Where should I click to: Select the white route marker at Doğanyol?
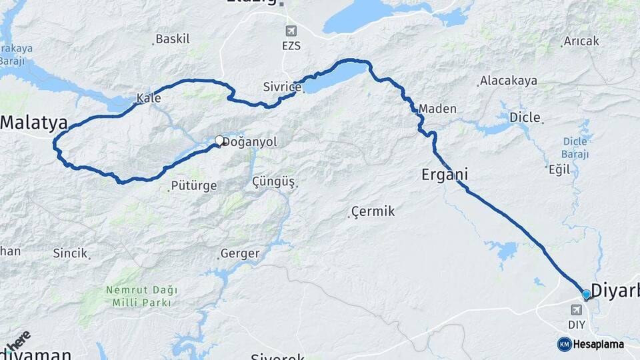pos(219,141)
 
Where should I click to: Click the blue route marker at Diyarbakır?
pos(586,295)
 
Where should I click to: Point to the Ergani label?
pos(445,175)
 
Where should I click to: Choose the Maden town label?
pos(437,109)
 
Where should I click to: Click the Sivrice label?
pos(283,86)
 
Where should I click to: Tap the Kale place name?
pos(148,99)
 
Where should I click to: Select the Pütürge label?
pos(193,186)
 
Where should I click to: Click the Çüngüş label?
pos(273,182)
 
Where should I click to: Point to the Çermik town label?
pos(373,212)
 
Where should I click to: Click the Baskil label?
pos(173,39)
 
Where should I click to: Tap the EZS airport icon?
pos(291,31)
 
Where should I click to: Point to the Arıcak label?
pos(581,41)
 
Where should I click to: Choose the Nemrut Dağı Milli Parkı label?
pos(141,296)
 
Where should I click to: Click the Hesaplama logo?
pos(591,344)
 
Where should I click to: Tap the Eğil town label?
pos(559,169)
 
